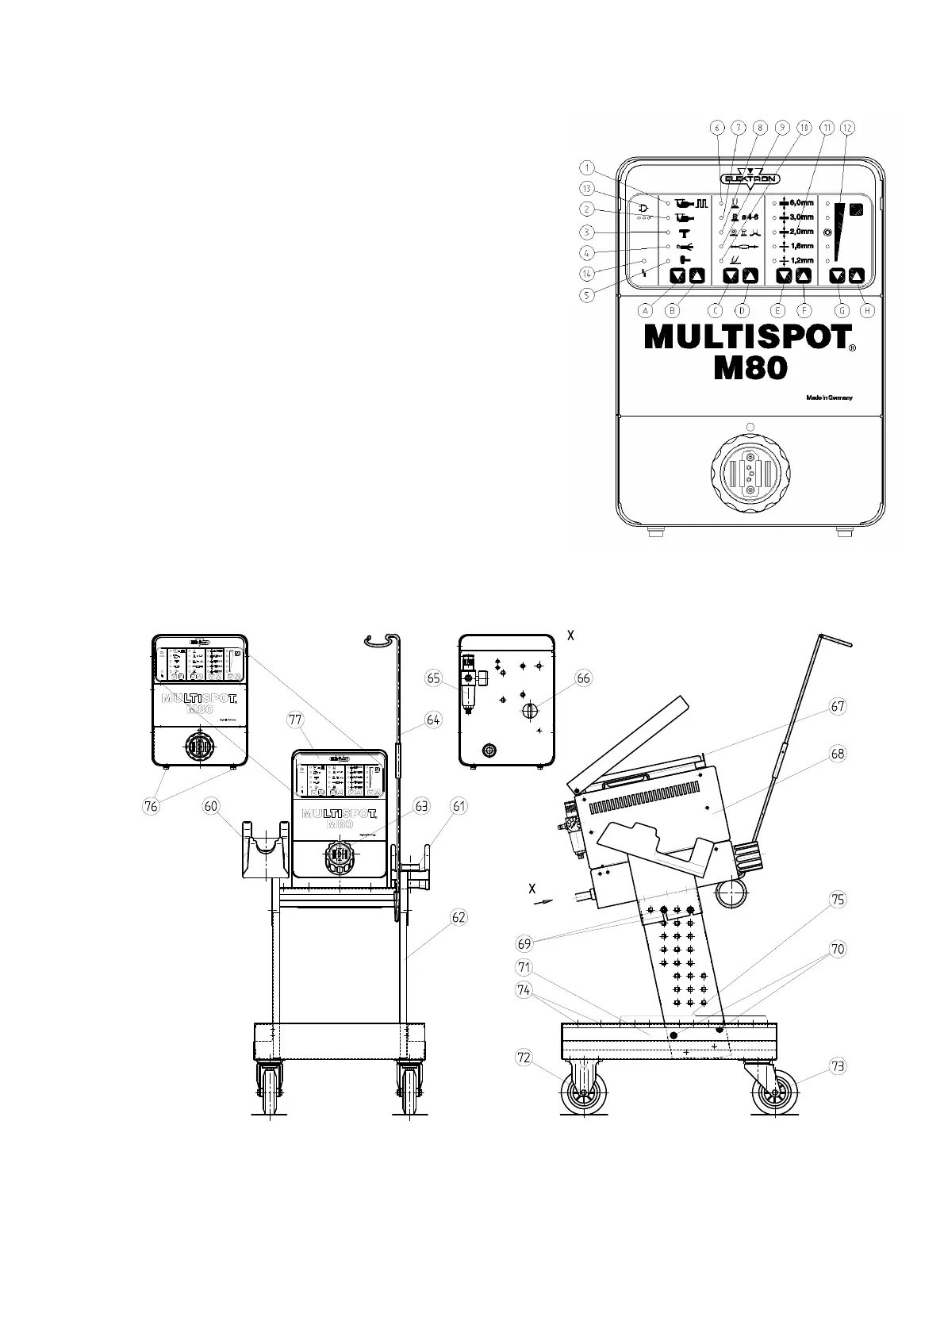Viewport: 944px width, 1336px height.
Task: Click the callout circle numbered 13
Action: click(x=586, y=188)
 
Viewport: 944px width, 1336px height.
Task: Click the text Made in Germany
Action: click(x=829, y=397)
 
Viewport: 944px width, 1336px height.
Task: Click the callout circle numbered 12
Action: click(x=848, y=127)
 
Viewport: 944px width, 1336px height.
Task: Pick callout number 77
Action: click(x=296, y=720)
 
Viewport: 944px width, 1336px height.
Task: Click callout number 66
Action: click(x=584, y=678)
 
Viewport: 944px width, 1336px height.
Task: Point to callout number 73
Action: click(x=837, y=1067)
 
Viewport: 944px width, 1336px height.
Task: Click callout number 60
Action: click(x=210, y=806)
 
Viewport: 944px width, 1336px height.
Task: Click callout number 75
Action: click(x=837, y=900)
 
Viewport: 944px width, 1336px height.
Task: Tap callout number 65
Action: click(x=433, y=678)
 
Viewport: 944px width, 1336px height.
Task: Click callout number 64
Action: click(x=432, y=720)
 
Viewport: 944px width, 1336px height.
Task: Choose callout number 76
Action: click(x=151, y=806)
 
